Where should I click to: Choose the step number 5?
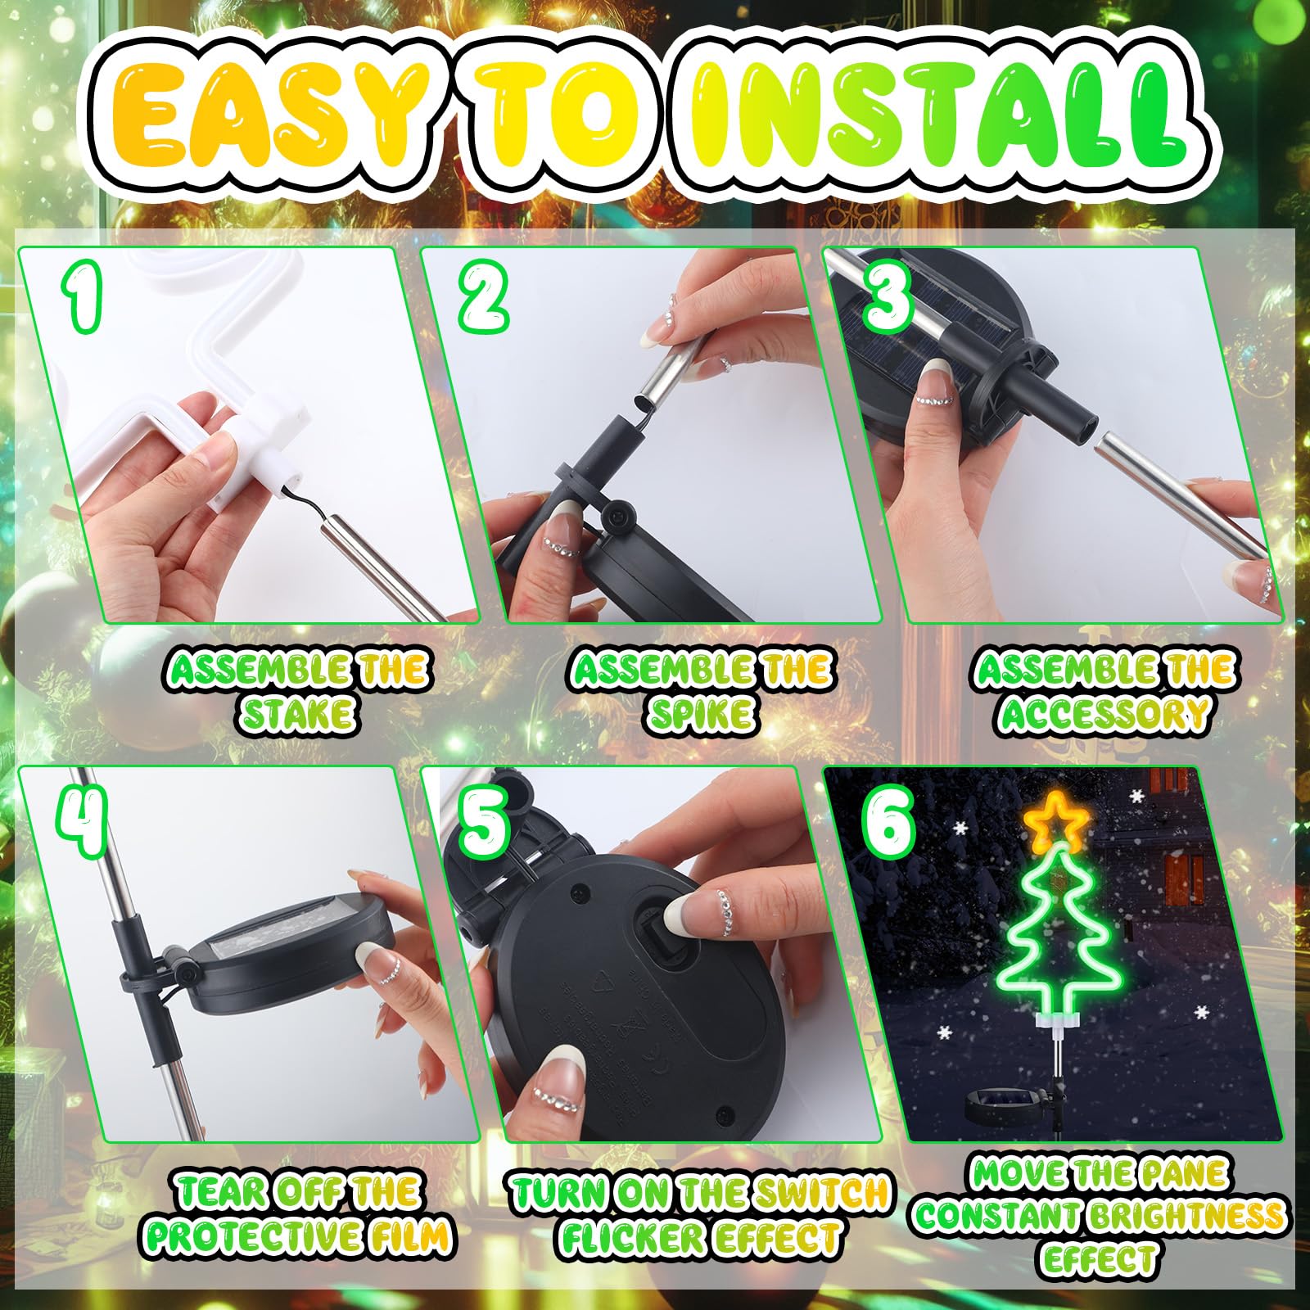(x=485, y=820)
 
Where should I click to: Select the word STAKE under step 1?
(x=298, y=714)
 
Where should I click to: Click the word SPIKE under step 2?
(x=701, y=714)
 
